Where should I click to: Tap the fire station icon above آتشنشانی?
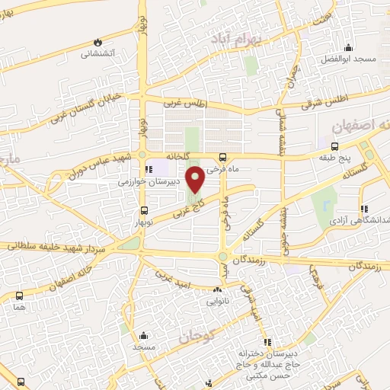pyautogui.click(x=97, y=42)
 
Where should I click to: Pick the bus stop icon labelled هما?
pyautogui.click(x=18, y=296)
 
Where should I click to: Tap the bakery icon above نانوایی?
pyautogui.click(x=218, y=289)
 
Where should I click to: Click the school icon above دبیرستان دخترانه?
pyautogui.click(x=266, y=341)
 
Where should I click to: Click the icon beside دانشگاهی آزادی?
pyautogui.click(x=364, y=208)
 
